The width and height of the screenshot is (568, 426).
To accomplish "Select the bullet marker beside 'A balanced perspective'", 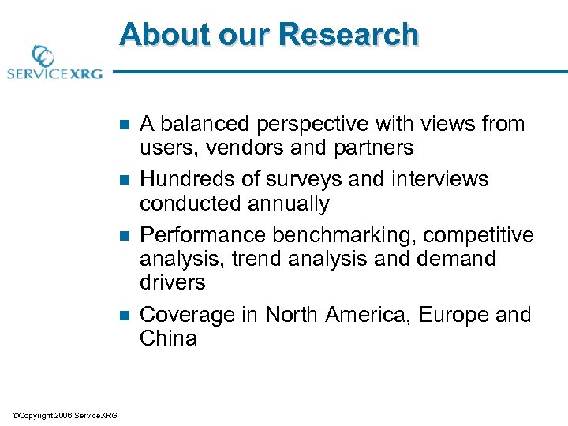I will click(121, 125).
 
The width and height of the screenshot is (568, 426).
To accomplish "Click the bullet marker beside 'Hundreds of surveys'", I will click(121, 180).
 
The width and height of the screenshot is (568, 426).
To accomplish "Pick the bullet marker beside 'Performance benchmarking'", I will click(121, 236).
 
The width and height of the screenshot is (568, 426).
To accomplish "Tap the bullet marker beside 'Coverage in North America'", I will click(121, 316).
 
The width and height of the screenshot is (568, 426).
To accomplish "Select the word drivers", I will click(172, 282).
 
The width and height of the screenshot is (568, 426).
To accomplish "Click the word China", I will click(168, 338).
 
